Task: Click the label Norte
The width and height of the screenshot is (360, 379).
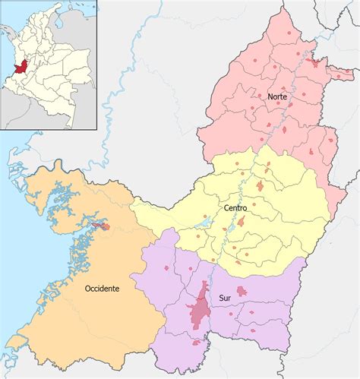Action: coord(277,97)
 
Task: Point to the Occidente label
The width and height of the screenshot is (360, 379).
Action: coord(103,289)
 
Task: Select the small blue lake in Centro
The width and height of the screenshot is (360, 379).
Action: coord(204,225)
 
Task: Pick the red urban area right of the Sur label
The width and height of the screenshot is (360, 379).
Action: coord(242,291)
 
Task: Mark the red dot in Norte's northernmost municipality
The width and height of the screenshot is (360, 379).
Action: coord(289,35)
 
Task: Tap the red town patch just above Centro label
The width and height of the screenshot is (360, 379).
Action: coord(260,185)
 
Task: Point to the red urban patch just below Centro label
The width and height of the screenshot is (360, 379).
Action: coord(241,223)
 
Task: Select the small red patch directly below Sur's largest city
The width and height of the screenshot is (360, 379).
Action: coord(196,343)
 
